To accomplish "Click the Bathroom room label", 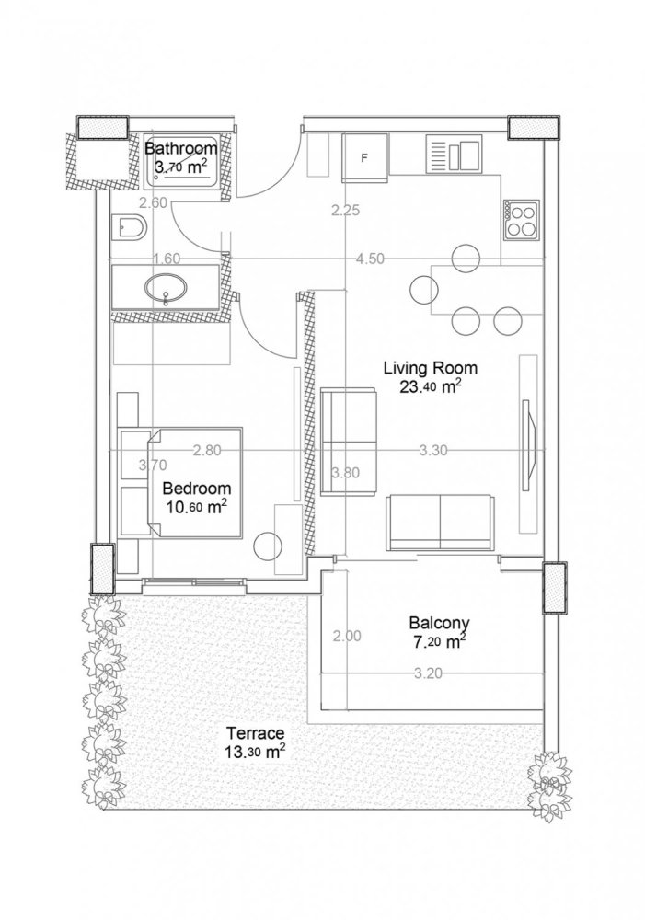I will click(x=181, y=147).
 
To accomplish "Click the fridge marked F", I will click(x=364, y=157).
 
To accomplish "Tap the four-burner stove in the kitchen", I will click(x=521, y=220).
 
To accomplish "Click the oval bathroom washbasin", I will click(x=166, y=289).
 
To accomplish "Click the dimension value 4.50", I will click(x=370, y=259).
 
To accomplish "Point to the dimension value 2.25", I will click(x=345, y=211).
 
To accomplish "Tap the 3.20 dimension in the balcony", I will click(x=429, y=673).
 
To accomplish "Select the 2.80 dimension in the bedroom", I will click(x=207, y=451).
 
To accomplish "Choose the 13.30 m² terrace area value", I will click(x=252, y=752).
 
